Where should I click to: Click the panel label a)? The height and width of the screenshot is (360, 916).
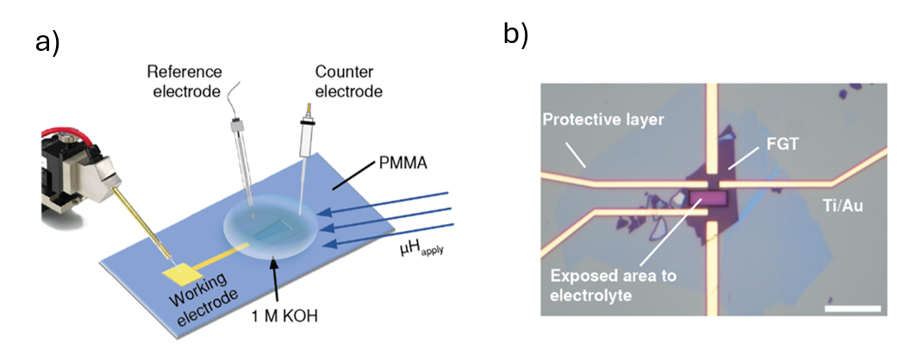47,41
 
